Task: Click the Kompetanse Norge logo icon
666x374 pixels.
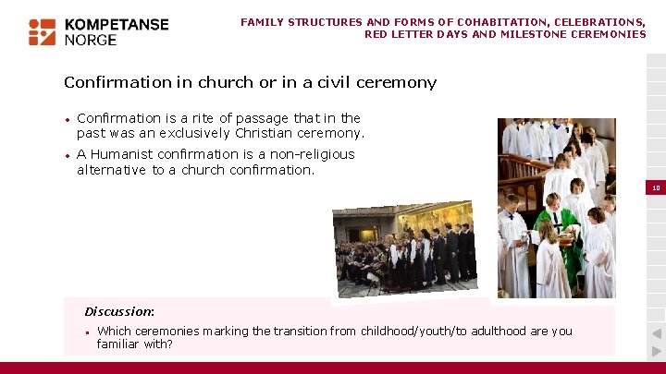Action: tap(43, 31)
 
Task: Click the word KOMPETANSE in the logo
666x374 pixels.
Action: tap(117, 25)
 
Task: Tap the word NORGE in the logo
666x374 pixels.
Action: tap(91, 40)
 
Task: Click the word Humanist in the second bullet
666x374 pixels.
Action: tap(124, 155)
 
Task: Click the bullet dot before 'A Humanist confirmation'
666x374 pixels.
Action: tap(68, 156)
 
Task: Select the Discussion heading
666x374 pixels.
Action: tap(119, 311)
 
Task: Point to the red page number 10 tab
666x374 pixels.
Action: tap(655, 187)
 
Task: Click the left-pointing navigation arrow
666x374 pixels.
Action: tap(655, 333)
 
